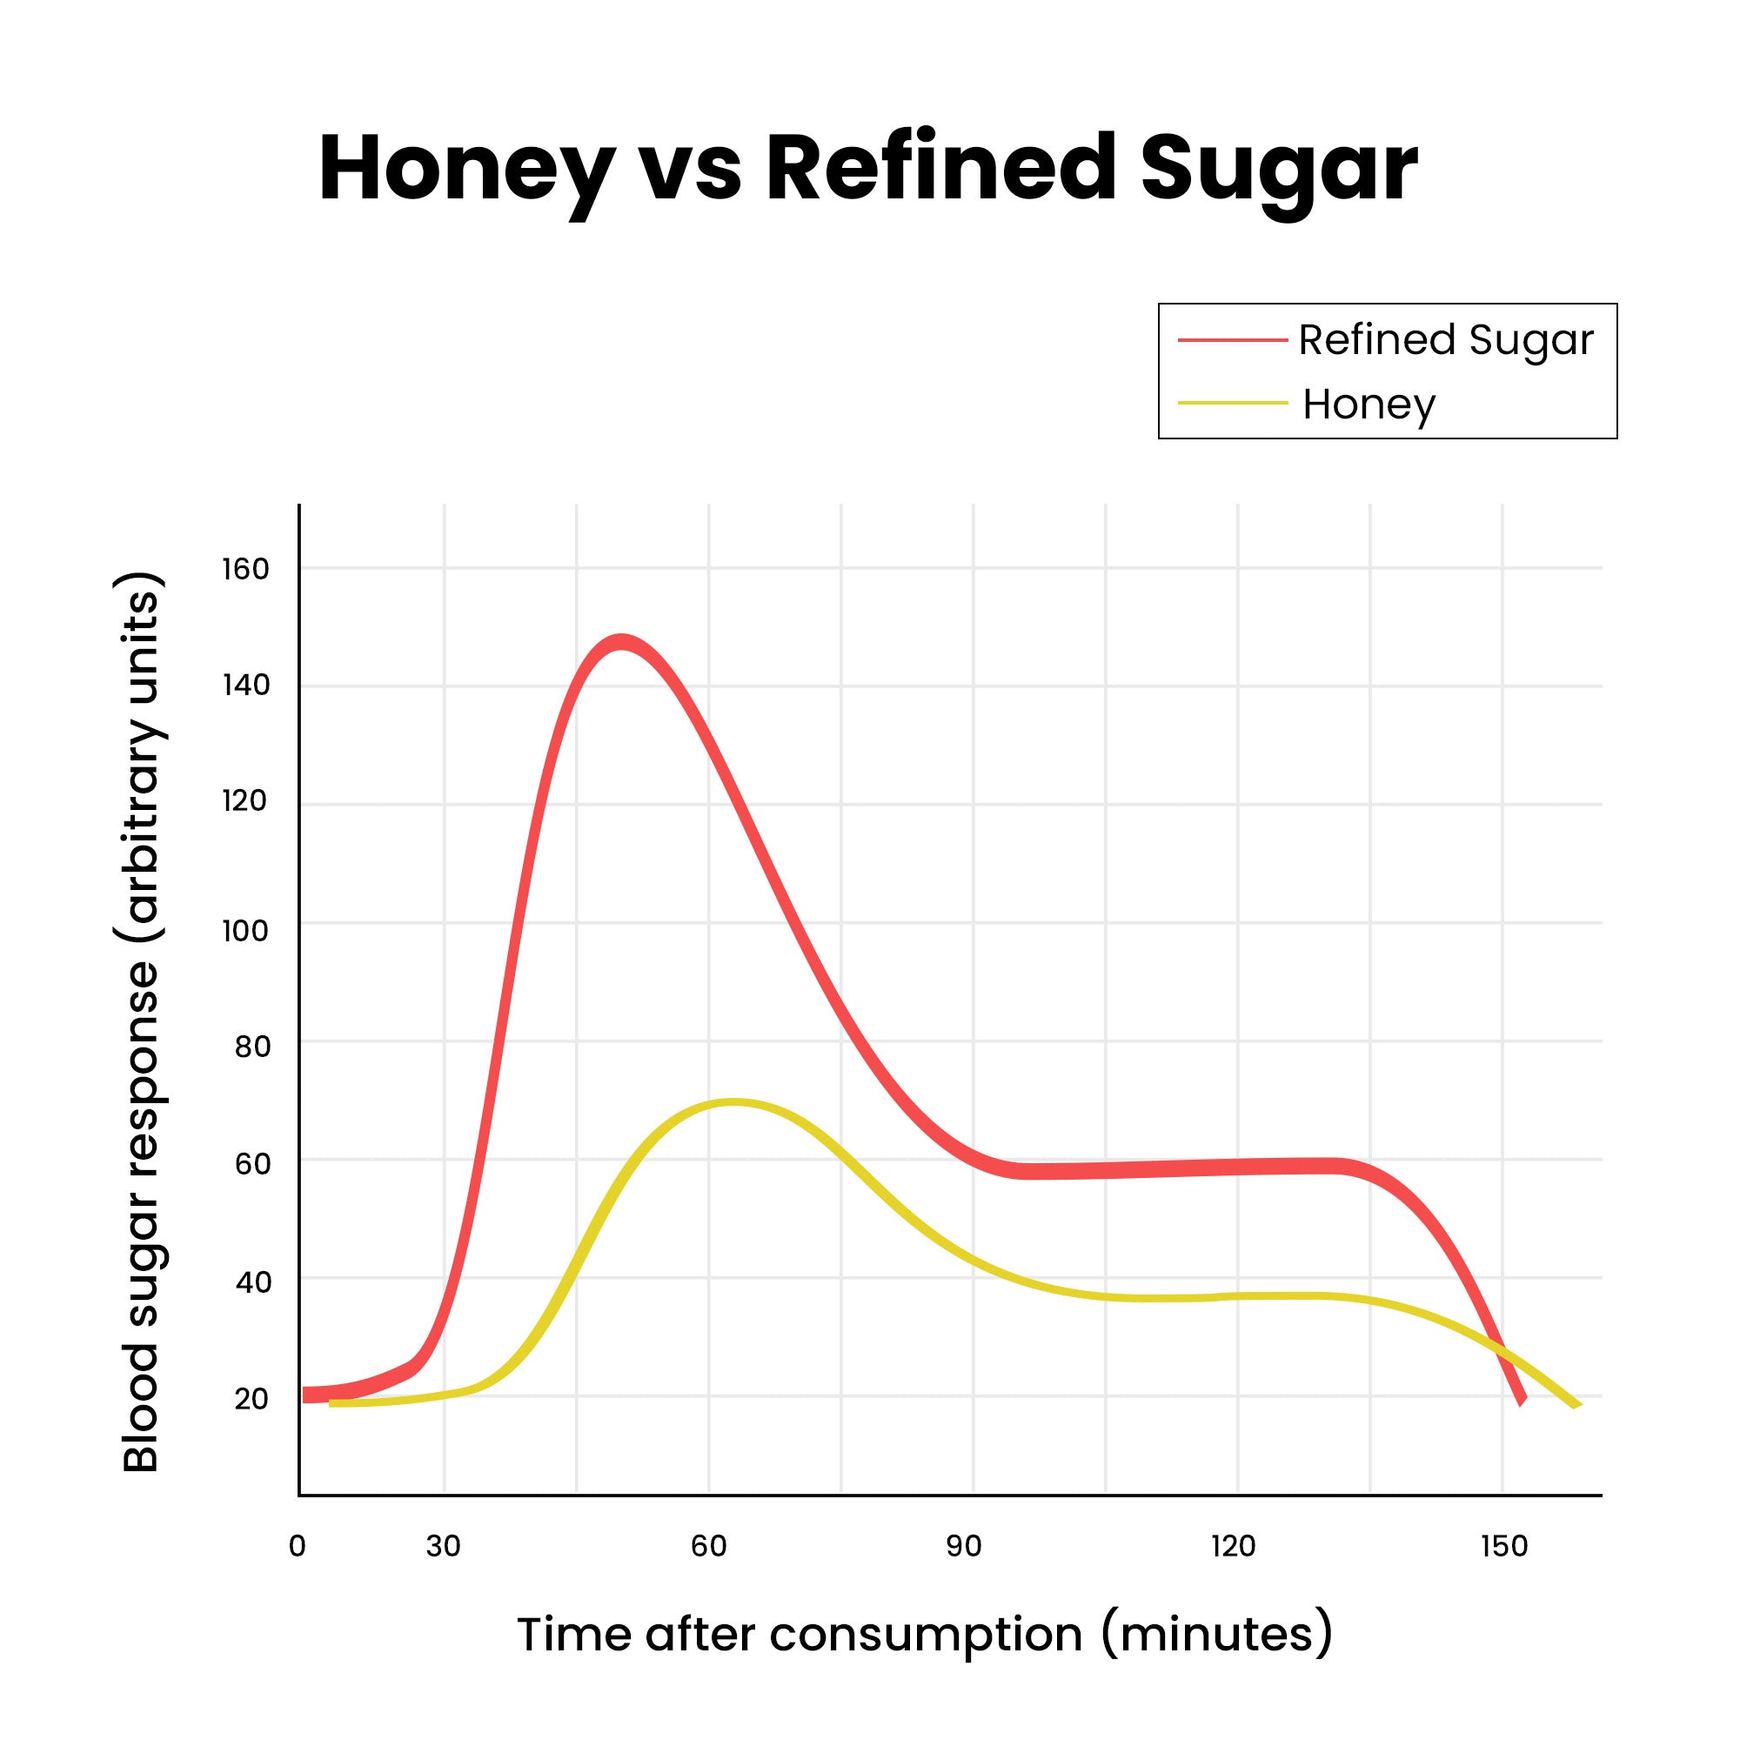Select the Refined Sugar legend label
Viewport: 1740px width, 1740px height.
[x=1445, y=340]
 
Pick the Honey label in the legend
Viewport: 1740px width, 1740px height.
[x=1369, y=405]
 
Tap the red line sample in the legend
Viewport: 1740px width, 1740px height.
[x=1232, y=340]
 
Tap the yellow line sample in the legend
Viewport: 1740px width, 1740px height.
[x=1232, y=404]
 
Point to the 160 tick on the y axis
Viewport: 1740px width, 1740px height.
[x=245, y=569]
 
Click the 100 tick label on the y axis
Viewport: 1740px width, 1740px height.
[x=245, y=930]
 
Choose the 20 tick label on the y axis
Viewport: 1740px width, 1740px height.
[x=251, y=1399]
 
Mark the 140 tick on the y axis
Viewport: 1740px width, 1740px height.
[x=245, y=686]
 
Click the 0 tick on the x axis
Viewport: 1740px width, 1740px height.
[x=298, y=1546]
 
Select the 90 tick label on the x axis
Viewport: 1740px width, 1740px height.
[x=964, y=1546]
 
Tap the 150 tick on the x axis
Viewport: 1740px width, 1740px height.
[x=1504, y=1546]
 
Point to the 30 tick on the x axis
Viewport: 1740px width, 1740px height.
[x=443, y=1546]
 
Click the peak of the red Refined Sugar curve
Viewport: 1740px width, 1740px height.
[x=620, y=643]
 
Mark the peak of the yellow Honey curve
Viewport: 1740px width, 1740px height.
[x=734, y=1103]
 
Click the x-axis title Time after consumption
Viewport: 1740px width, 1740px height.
[x=924, y=1635]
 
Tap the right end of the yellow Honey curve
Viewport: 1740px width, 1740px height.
[x=1576, y=1405]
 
